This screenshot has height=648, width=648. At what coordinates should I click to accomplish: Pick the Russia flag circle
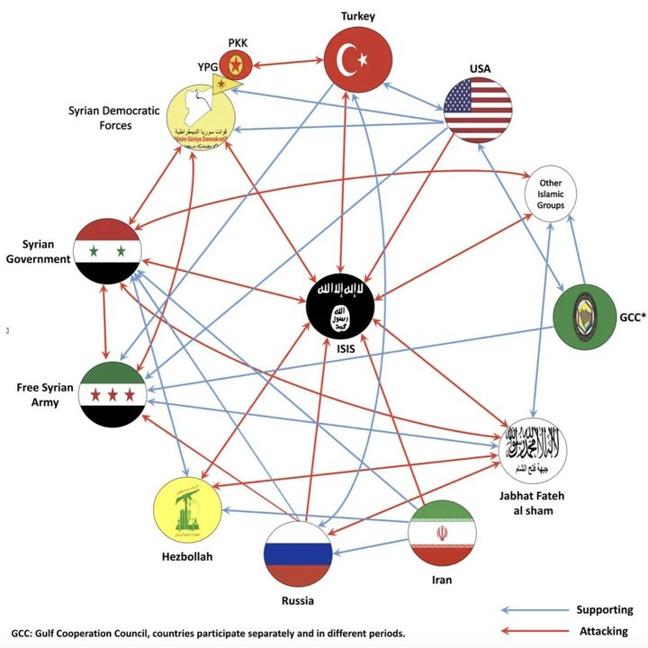pyautogui.click(x=298, y=553)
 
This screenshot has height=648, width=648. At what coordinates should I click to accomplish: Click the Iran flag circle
pyautogui.click(x=441, y=533)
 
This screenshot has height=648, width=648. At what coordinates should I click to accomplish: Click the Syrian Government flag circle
pyautogui.click(x=107, y=250)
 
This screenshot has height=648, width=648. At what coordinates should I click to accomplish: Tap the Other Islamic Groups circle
pyautogui.click(x=551, y=193)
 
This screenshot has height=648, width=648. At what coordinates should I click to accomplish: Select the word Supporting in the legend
pyautogui.click(x=604, y=609)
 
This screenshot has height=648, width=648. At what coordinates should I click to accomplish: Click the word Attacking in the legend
pyautogui.click(x=602, y=631)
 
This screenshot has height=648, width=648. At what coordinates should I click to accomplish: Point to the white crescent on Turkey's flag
pyautogui.click(x=347, y=59)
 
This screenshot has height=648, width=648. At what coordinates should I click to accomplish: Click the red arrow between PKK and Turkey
pyautogui.click(x=286, y=63)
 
